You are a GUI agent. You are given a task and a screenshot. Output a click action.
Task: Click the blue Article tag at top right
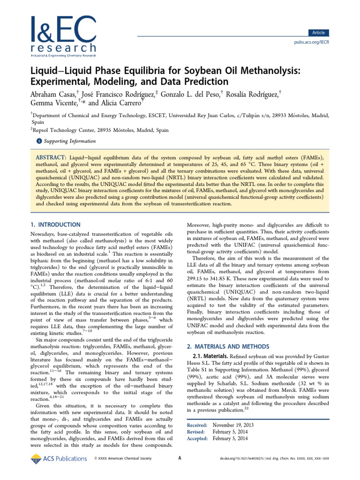tap(318, 32)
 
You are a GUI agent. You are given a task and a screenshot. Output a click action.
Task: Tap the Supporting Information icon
tap(39, 141)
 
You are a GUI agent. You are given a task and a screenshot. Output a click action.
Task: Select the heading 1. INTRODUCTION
tap(55, 225)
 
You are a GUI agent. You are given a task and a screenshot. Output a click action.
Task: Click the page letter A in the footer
tap(180, 458)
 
